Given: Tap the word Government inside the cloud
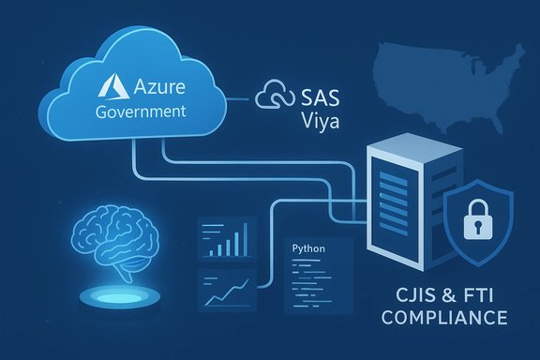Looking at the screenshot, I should point(142,112).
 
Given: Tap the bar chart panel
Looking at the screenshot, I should point(224,239).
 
